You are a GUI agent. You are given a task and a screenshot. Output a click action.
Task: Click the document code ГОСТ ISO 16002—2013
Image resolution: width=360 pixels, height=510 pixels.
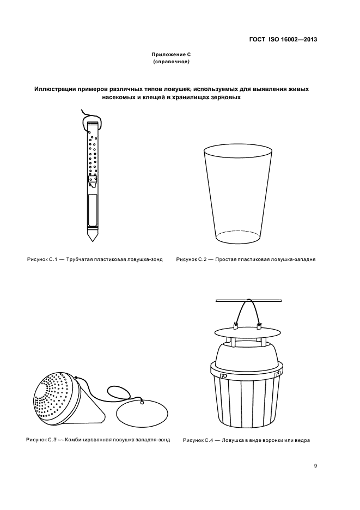pyautogui.click(x=283, y=40)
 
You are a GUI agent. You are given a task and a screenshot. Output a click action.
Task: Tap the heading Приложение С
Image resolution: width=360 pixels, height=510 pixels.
pyautogui.click(x=172, y=54)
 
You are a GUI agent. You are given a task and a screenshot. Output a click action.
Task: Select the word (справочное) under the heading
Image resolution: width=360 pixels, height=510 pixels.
pyautogui.click(x=172, y=61)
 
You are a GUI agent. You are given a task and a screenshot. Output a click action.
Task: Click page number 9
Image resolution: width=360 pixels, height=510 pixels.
pyautogui.click(x=315, y=465)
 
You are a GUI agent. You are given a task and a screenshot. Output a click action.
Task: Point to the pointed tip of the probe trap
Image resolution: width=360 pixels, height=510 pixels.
pyautogui.click(x=93, y=241)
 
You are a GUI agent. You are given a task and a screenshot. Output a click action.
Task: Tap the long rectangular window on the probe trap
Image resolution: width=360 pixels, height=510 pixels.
pyautogui.click(x=93, y=210)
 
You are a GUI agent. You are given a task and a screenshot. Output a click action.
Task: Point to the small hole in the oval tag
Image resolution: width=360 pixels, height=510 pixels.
pyautogui.click(x=142, y=403)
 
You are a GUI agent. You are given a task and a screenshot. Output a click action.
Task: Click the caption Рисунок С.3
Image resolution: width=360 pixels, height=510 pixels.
pyautogui.click(x=41, y=440)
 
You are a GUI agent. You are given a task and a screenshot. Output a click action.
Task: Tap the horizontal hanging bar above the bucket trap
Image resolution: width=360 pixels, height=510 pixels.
pyautogui.click(x=249, y=301)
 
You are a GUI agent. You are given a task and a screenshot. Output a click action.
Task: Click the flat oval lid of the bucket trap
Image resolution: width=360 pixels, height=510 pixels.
pyautogui.click(x=247, y=333)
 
